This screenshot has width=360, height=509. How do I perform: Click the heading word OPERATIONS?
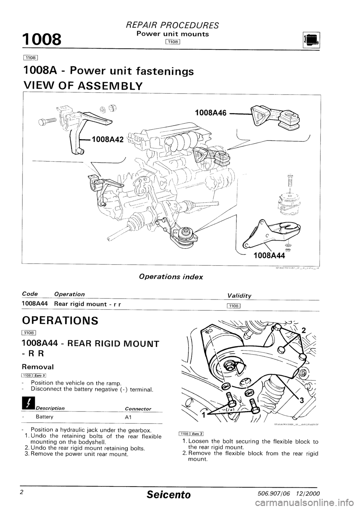[x=60, y=321]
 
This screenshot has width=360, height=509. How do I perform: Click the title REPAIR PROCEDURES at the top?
[x=178, y=25]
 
